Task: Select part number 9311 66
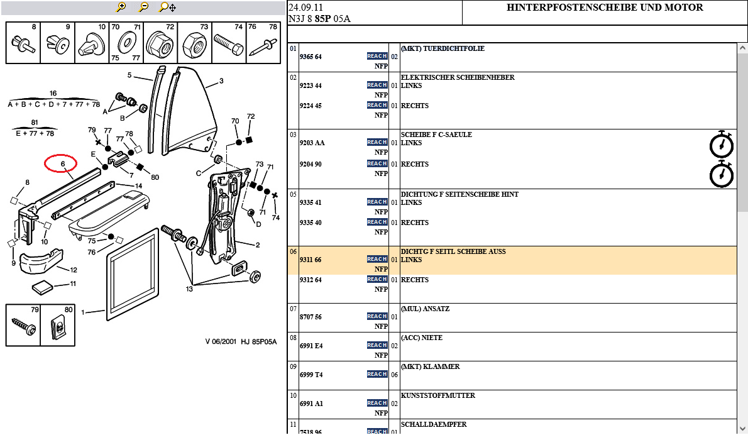(311, 260)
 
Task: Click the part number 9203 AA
(312, 143)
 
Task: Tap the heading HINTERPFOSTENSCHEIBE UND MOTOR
(605, 8)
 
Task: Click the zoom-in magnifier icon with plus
(121, 7)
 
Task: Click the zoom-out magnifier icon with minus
(144, 7)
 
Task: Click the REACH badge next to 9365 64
(377, 57)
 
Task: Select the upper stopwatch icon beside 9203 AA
(721, 145)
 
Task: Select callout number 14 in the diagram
(139, 185)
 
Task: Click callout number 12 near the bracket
(74, 270)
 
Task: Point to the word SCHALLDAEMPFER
(434, 424)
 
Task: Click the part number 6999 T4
(311, 375)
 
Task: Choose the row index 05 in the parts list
(293, 194)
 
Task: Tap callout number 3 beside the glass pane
(221, 81)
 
